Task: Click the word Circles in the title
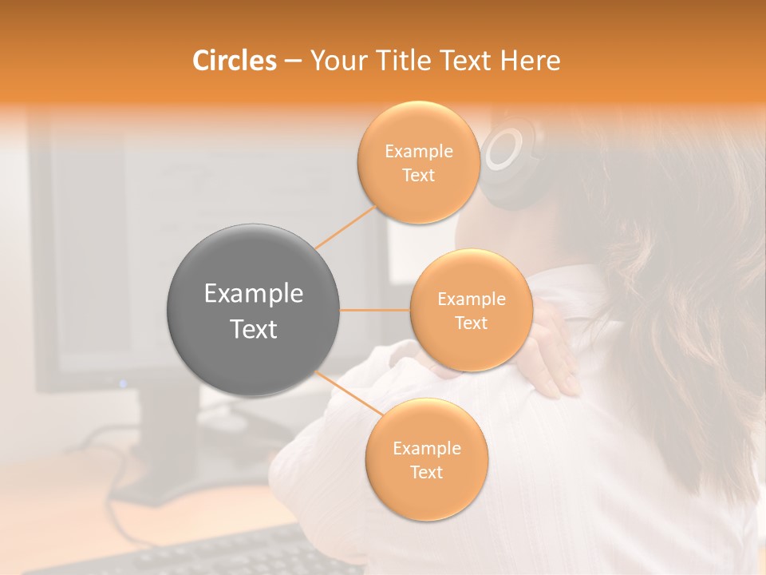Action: click(x=234, y=61)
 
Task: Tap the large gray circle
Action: click(x=253, y=310)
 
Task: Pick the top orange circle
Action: click(x=418, y=162)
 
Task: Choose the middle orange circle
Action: click(x=471, y=310)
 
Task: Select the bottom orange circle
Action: click(x=426, y=459)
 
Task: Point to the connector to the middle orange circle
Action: click(x=374, y=310)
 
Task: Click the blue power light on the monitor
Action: click(x=122, y=383)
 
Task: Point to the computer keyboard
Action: click(x=215, y=554)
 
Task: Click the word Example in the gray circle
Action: click(x=253, y=294)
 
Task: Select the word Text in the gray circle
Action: click(x=253, y=328)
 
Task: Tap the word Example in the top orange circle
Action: click(x=418, y=152)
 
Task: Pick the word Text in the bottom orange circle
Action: click(x=426, y=472)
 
